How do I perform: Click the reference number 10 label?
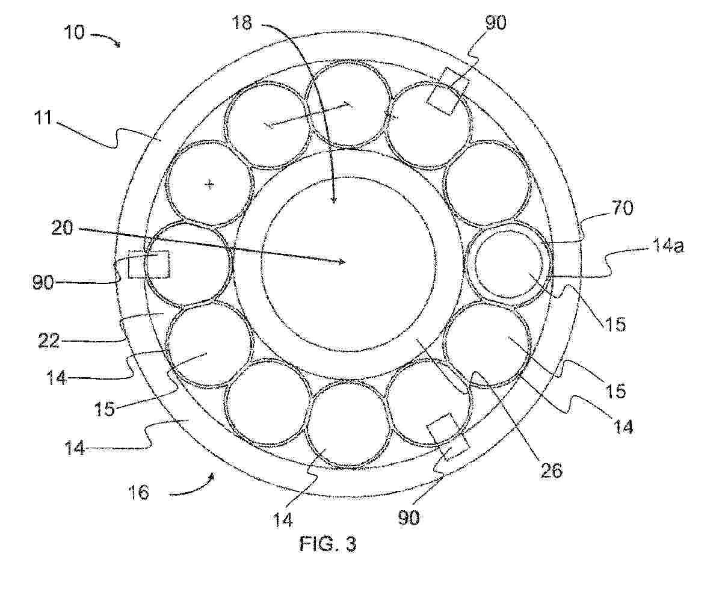click(74, 32)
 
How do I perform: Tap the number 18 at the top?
click(242, 23)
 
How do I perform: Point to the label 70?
click(623, 208)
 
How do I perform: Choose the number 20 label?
click(62, 228)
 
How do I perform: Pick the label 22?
click(49, 341)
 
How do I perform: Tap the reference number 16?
click(139, 492)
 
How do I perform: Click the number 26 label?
click(552, 470)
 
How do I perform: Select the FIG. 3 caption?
click(328, 544)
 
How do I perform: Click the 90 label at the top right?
click(496, 23)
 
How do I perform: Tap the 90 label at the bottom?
click(409, 517)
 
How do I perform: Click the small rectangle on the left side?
click(149, 264)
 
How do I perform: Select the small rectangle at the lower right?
click(448, 437)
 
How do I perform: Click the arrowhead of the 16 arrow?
click(213, 475)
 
